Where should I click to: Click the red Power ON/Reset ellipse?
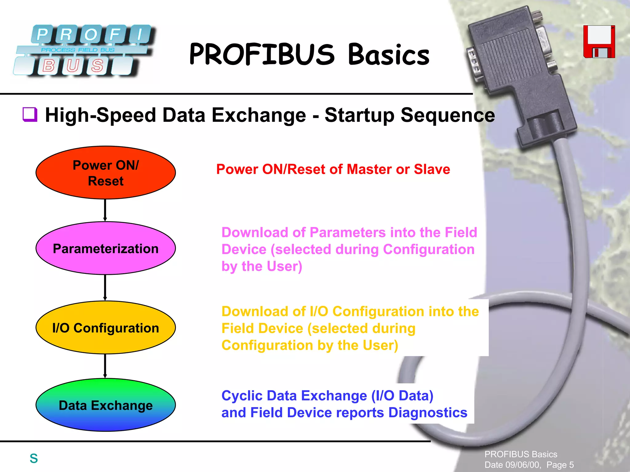(106, 173)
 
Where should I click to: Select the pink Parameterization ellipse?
(106, 248)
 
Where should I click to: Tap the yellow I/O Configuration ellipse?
(106, 327)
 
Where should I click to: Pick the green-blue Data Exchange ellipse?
(106, 405)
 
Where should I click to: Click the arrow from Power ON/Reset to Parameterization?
(105, 210)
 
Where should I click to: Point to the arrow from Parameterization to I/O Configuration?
(105, 287)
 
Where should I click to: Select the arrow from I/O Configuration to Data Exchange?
(105, 366)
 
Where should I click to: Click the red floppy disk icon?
(599, 42)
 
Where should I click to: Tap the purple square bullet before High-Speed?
(30, 114)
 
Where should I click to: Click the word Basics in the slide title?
(389, 54)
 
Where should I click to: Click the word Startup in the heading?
(359, 115)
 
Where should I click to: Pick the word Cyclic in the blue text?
(241, 396)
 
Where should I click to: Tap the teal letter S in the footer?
(34, 458)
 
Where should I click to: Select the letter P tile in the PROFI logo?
(42, 34)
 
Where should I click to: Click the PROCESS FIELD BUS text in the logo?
(78, 50)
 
